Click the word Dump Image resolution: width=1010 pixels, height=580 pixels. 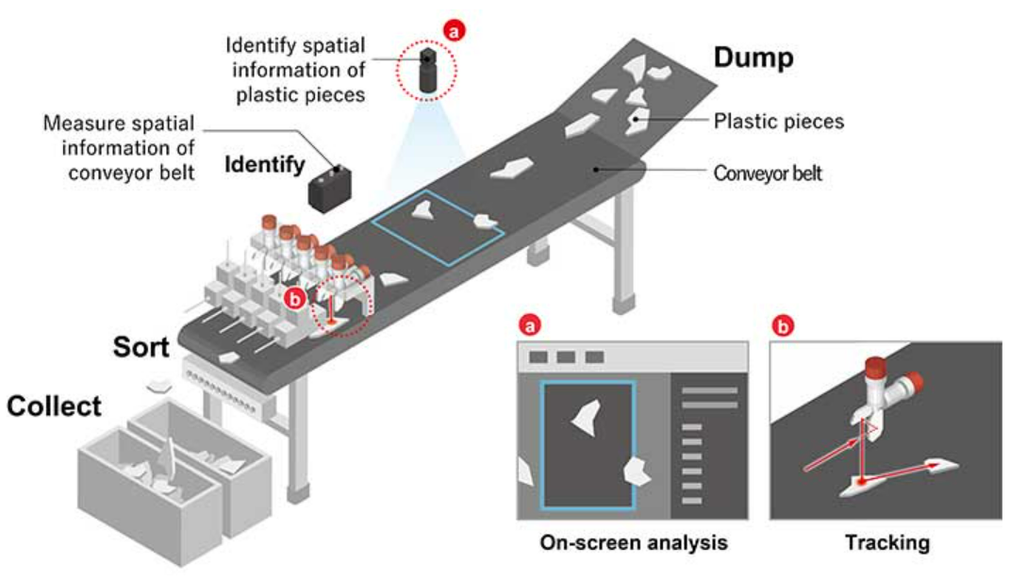click(753, 58)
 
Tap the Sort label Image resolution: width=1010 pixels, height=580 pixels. click(141, 346)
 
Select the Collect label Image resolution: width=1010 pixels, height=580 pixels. click(54, 406)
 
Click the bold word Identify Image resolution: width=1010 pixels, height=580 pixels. click(264, 166)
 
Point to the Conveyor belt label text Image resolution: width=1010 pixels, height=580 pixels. click(768, 174)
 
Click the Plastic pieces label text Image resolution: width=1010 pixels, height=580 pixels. click(779, 122)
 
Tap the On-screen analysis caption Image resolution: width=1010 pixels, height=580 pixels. click(633, 543)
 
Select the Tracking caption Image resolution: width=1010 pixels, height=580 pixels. click(886, 543)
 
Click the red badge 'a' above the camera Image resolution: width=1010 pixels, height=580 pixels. click(455, 32)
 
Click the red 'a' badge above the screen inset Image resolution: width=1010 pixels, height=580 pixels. click(528, 326)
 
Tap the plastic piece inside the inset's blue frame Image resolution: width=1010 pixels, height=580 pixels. click(586, 416)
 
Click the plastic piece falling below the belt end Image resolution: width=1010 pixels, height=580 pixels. click(157, 385)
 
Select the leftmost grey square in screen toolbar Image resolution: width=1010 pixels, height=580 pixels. click(538, 357)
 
